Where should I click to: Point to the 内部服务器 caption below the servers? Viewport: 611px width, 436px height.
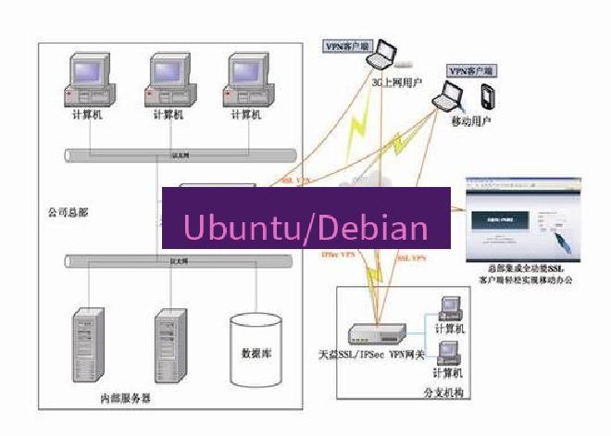[x=125, y=399]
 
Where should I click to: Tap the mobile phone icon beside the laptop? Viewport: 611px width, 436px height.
[x=486, y=95]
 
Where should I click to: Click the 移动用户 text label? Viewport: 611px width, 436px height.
[x=470, y=121]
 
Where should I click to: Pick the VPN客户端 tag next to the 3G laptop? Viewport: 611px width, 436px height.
[x=344, y=45]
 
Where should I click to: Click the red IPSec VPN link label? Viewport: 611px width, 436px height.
[x=338, y=254]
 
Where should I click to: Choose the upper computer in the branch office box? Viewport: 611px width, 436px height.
[x=450, y=309]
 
